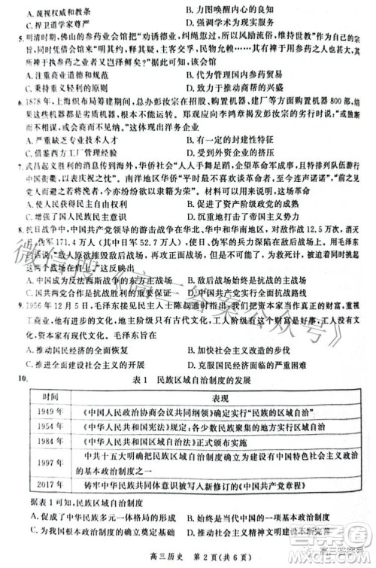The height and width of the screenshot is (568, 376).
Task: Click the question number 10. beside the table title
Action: coord(26,378)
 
